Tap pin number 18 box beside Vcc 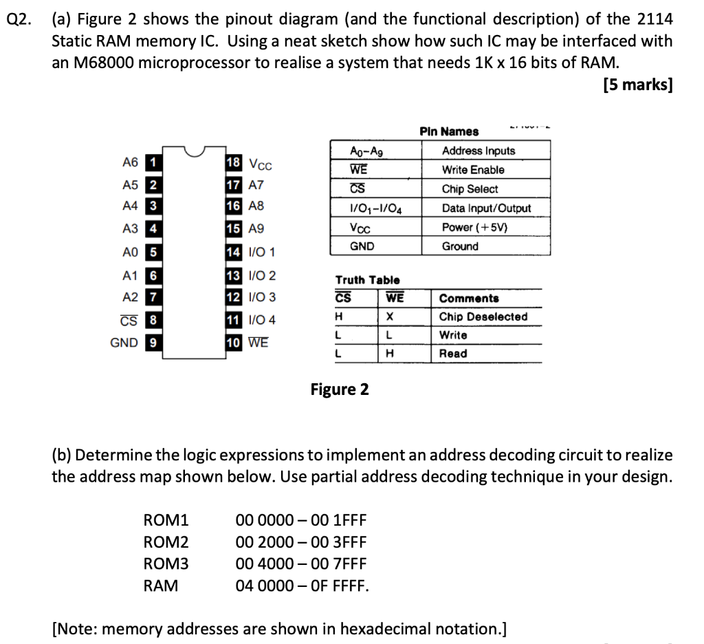point(234,163)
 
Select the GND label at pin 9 point(124,343)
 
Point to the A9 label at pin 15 point(256,229)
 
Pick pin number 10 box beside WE point(234,343)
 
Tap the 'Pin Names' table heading point(449,131)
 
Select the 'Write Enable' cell point(473,170)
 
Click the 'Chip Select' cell point(470,189)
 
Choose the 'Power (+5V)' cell point(474,227)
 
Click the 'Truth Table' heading point(367,280)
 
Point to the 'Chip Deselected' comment point(483,316)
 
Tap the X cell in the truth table point(389,316)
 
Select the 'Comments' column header point(469,299)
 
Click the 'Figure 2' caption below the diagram point(340,389)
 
